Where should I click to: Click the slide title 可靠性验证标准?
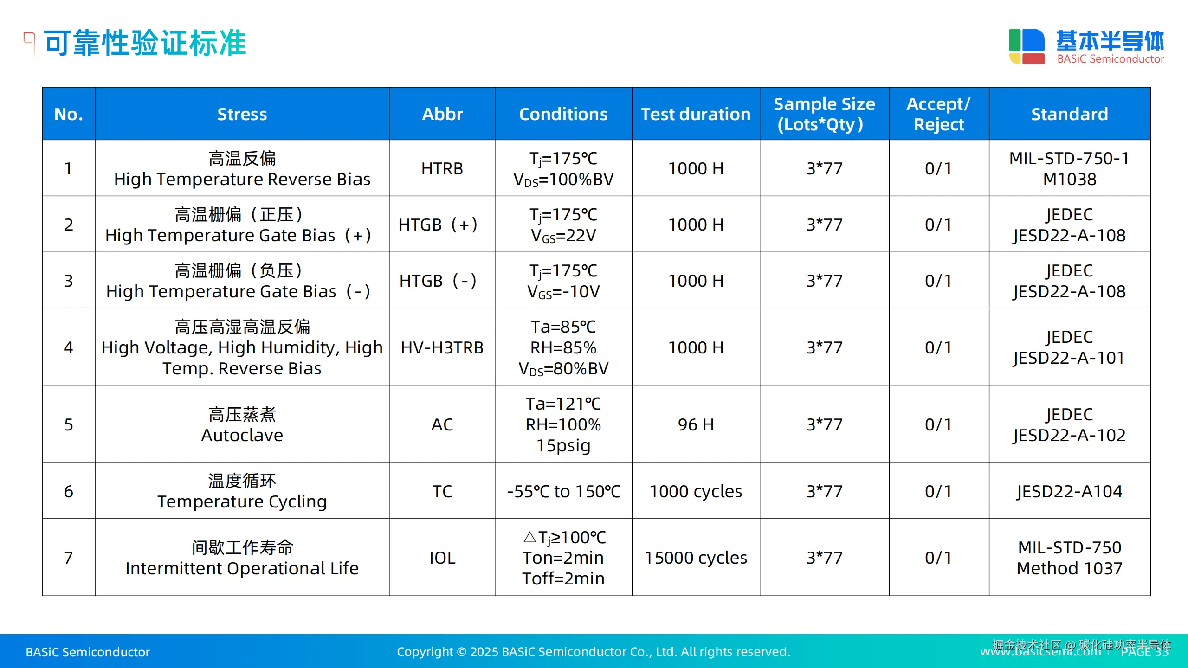(145, 43)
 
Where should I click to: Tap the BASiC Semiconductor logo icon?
(1027, 46)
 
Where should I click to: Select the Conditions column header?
(563, 114)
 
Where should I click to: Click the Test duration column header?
(696, 114)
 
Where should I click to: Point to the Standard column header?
(1070, 114)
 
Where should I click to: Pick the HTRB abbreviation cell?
(442, 168)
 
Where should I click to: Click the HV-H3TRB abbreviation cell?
(442, 347)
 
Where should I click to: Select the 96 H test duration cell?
(696, 424)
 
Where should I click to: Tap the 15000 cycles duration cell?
(696, 558)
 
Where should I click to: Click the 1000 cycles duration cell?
(696, 491)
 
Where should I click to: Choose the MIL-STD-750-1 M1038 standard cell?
(1070, 168)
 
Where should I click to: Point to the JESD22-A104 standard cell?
(1070, 491)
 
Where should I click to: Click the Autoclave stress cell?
(242, 424)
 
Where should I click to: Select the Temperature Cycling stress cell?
(242, 491)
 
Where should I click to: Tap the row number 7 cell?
(69, 558)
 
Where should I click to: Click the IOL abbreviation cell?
(442, 558)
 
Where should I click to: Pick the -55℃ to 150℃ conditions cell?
(563, 491)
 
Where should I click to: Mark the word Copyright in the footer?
(425, 652)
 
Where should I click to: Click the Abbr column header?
(442, 114)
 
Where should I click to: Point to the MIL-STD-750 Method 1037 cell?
(1070, 558)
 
